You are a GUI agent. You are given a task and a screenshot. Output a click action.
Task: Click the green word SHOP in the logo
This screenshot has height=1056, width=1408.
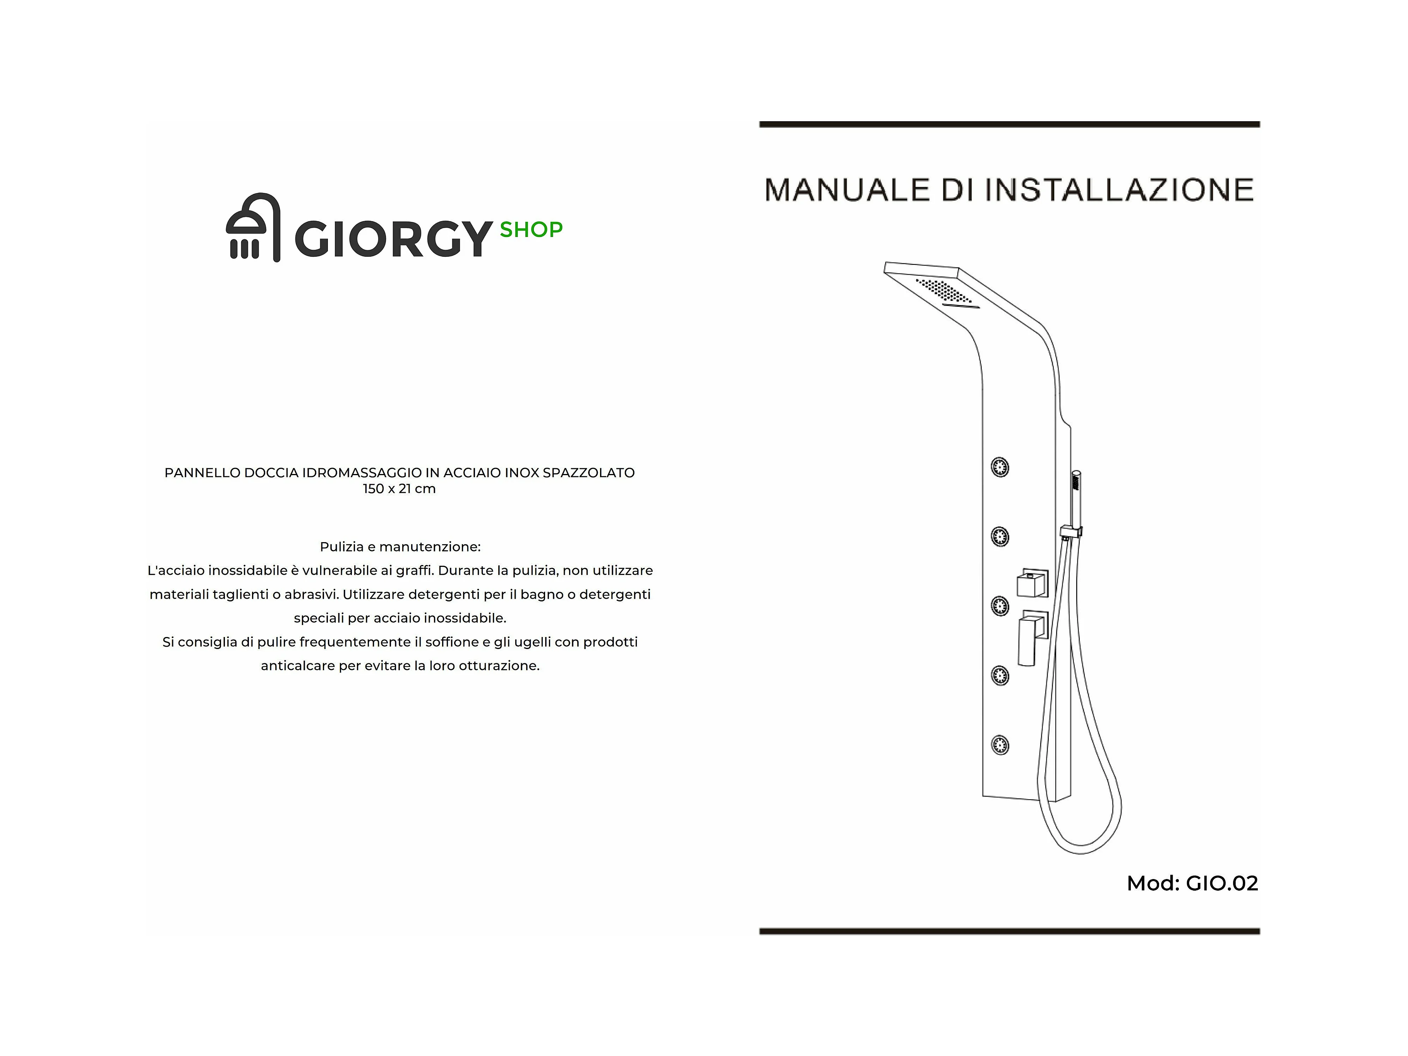[x=531, y=230]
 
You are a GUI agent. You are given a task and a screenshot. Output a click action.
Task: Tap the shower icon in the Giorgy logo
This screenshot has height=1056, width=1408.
[x=253, y=227]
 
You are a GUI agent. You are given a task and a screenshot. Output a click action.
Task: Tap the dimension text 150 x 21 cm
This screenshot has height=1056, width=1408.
[x=399, y=489]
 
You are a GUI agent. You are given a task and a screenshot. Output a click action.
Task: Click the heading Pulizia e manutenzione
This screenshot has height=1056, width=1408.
[x=400, y=547]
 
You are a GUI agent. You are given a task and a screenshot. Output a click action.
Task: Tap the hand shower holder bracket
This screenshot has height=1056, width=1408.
[x=1071, y=532]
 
